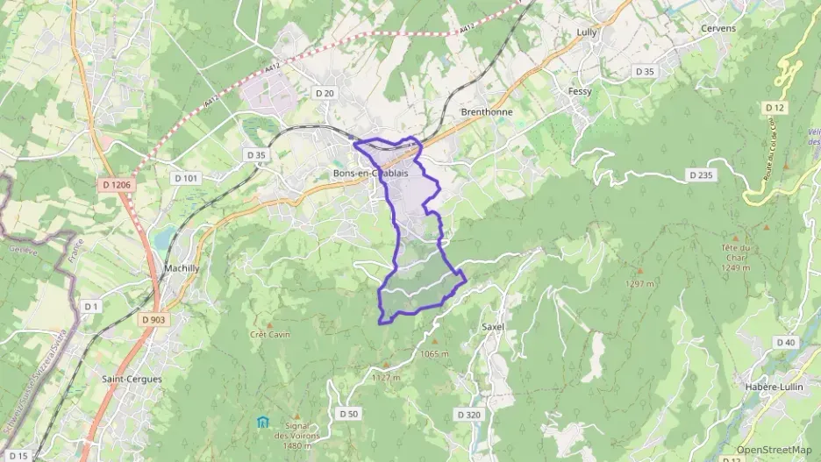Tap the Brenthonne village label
coord(487,112)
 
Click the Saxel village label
coord(493,327)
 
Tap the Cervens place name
coord(718,29)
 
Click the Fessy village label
coord(580,91)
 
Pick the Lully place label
coord(587,32)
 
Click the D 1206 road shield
coord(116,185)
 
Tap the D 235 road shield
coord(701,175)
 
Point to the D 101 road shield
coord(187,178)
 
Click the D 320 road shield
coord(469,414)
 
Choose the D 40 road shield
coord(785,342)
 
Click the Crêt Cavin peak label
coord(270,334)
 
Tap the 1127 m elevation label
coord(386,378)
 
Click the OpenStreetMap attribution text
coord(774,450)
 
